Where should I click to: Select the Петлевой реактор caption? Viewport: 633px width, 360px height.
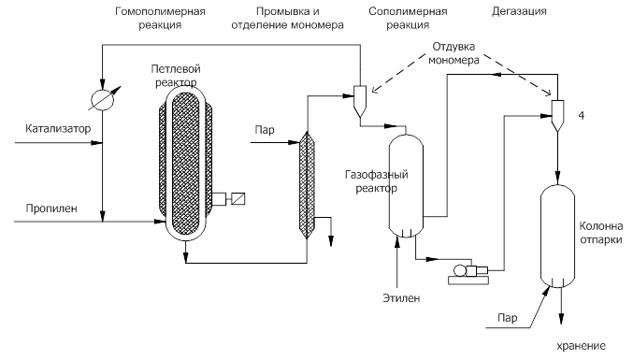tap(180, 77)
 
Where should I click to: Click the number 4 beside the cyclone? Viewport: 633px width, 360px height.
tap(581, 115)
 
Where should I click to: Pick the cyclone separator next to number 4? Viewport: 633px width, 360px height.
tap(558, 114)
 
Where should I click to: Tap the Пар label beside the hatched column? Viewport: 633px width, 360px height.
tap(263, 130)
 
